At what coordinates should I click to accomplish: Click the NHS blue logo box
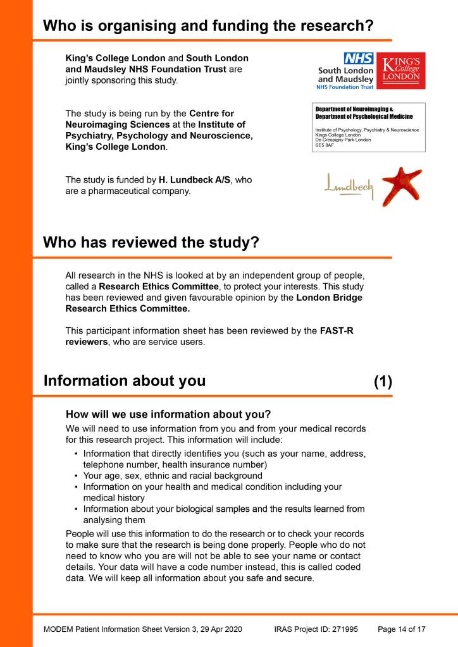click(359, 59)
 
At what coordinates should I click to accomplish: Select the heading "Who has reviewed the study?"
click(151, 243)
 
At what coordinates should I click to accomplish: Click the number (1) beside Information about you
click(383, 381)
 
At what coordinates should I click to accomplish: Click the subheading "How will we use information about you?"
click(168, 414)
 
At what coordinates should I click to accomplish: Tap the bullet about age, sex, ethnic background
click(173, 475)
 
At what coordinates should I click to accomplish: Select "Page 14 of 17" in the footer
click(401, 629)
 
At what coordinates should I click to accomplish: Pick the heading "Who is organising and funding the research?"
click(208, 26)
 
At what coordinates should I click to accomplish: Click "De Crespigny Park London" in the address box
click(343, 140)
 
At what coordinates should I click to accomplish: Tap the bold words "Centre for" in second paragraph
click(211, 114)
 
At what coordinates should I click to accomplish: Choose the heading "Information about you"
click(124, 381)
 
